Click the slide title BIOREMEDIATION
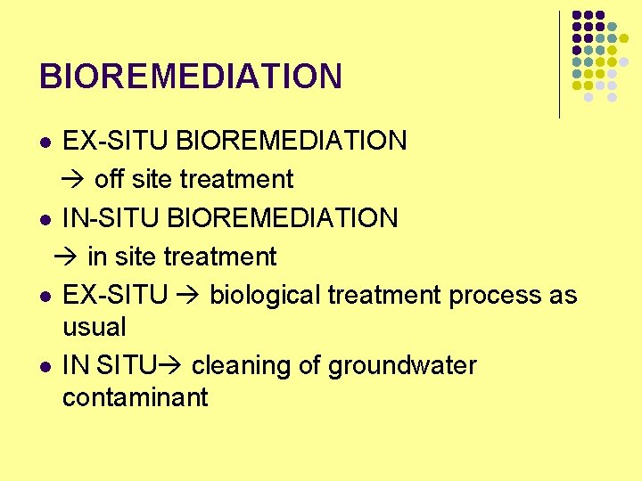[x=190, y=77]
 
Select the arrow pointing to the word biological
[x=188, y=296]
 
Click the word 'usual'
[x=94, y=327]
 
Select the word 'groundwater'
[x=402, y=366]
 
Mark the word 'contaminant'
[x=135, y=397]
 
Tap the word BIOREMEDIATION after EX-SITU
[x=292, y=141]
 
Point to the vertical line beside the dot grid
[x=560, y=64]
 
